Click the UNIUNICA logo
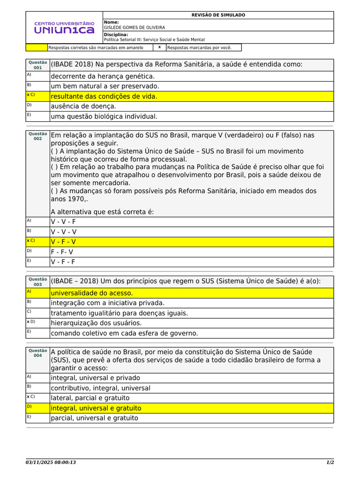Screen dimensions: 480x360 (x=64, y=27)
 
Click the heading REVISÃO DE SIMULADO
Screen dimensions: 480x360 (x=218, y=15)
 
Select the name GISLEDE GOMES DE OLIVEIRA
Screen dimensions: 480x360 (x=134, y=28)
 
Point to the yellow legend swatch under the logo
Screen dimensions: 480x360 (x=37, y=47)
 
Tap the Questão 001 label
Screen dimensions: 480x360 (x=37, y=65)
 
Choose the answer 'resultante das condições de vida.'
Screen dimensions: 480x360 (x=104, y=96)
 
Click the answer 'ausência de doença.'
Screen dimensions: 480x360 (x=83, y=106)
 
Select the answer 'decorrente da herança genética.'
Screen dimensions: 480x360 (x=102, y=76)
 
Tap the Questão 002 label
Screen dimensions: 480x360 (x=37, y=136)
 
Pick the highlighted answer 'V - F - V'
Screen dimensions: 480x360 (x=63, y=242)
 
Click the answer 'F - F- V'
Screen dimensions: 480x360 (x=62, y=252)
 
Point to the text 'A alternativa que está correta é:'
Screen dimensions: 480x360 (x=102, y=211)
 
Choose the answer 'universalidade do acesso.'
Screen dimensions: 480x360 (x=91, y=293)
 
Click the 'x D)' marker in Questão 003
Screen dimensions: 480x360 (x=31, y=322)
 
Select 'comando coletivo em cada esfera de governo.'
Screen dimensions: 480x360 (x=124, y=333)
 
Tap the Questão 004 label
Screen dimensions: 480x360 (x=37, y=353)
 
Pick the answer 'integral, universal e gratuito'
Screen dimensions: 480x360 (x=96, y=408)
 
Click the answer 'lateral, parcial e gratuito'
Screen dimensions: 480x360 (x=90, y=398)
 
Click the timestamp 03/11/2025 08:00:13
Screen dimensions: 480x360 (x=51, y=463)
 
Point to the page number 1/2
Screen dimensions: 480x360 (x=330, y=463)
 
